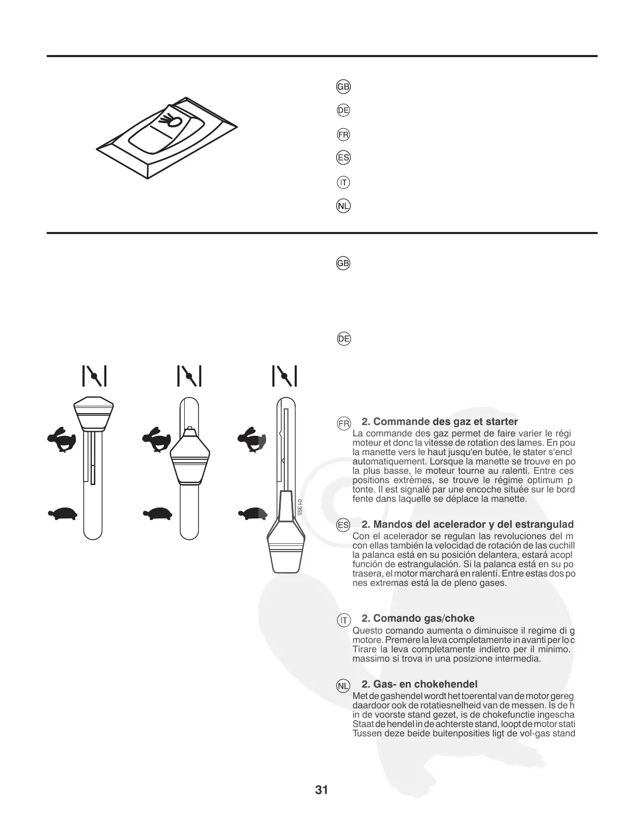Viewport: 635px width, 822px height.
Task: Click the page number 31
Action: (x=321, y=790)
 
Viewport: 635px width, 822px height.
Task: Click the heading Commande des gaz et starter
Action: (x=439, y=421)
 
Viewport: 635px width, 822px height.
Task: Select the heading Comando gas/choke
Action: (x=418, y=618)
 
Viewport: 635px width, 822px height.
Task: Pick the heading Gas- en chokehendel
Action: (x=419, y=684)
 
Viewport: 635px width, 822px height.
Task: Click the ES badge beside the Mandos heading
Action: (x=343, y=525)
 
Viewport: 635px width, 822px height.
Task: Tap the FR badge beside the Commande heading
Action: (x=343, y=423)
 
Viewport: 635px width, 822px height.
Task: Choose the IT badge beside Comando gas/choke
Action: (x=343, y=620)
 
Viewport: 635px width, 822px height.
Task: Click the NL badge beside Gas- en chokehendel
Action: (x=343, y=686)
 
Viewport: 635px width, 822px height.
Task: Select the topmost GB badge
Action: (x=343, y=87)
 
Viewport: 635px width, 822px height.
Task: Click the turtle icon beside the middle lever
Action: (x=157, y=513)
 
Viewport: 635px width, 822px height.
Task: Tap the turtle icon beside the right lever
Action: (x=253, y=513)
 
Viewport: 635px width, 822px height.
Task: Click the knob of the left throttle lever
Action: (x=94, y=413)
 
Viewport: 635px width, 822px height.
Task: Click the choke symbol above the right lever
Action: (x=285, y=376)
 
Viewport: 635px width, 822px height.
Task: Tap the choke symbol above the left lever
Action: (x=94, y=376)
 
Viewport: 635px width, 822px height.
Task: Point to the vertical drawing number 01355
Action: (x=300, y=506)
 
